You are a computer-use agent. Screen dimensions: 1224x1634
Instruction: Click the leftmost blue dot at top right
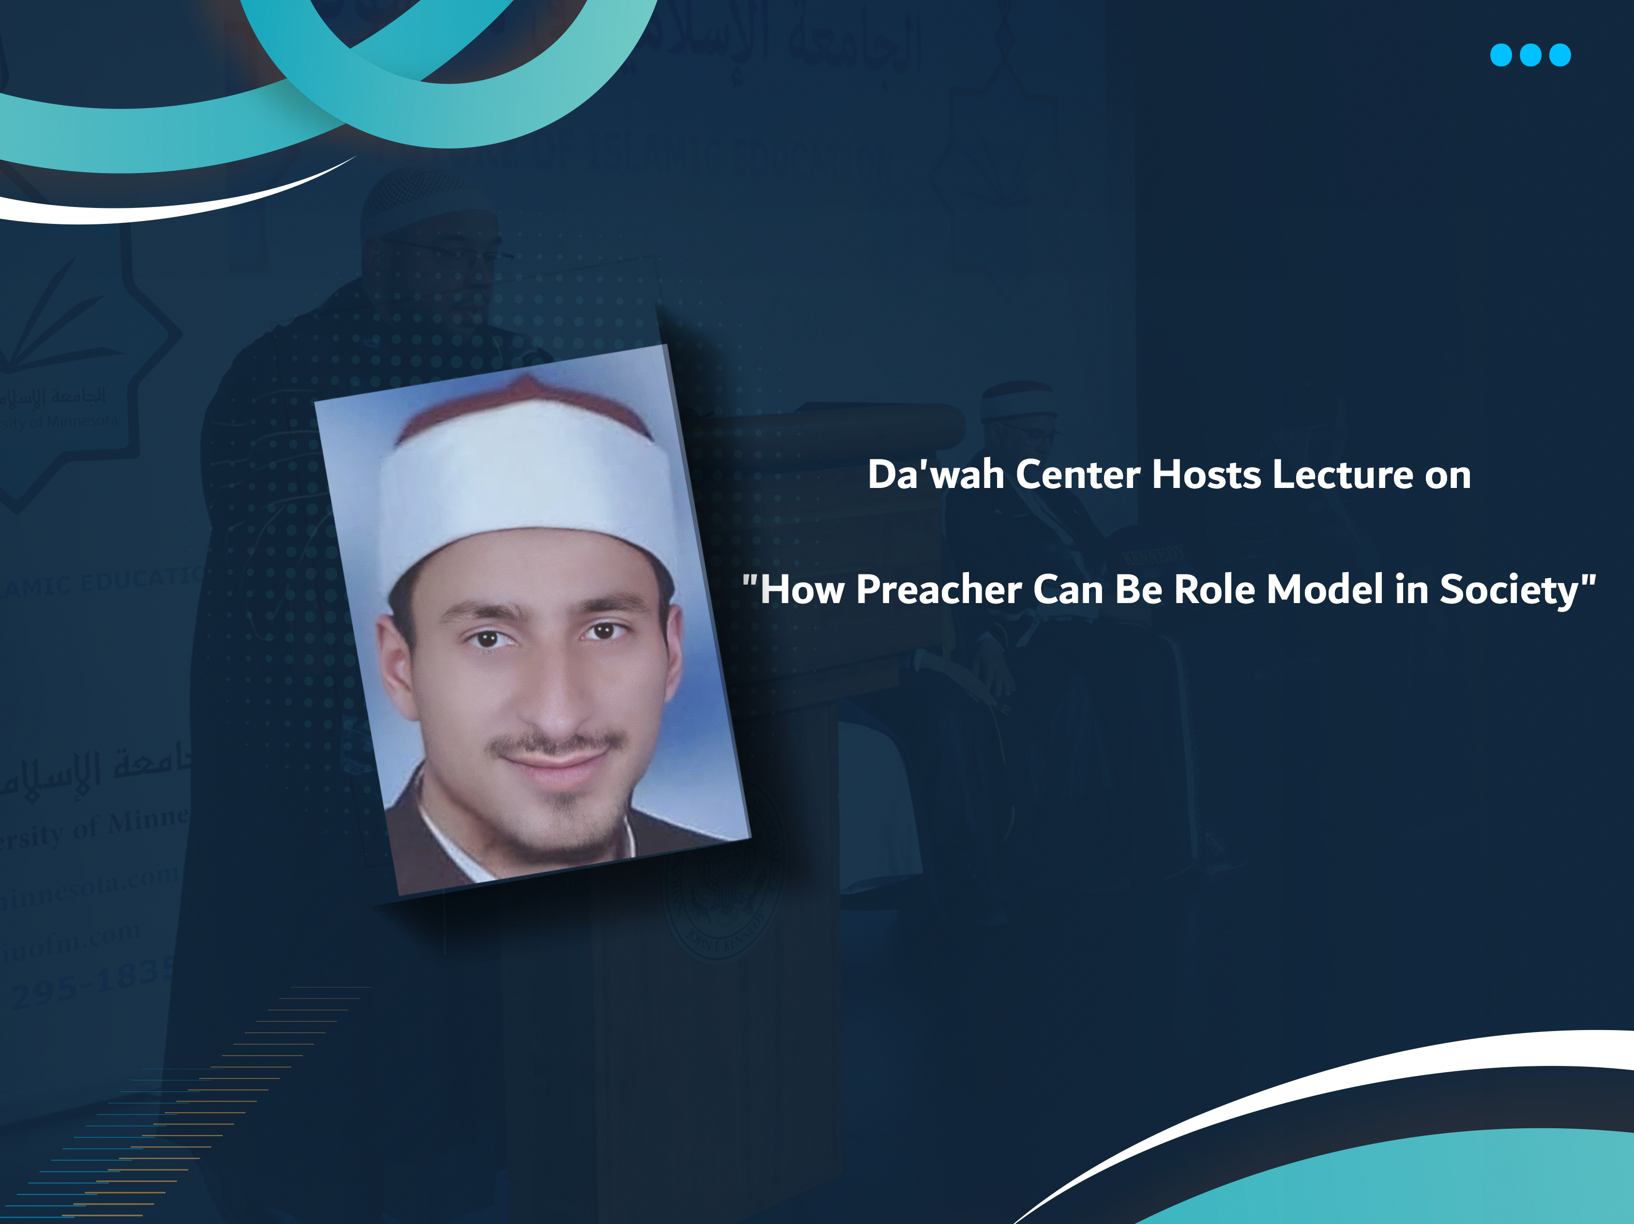tap(1501, 55)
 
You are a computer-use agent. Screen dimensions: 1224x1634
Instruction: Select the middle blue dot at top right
tap(1530, 55)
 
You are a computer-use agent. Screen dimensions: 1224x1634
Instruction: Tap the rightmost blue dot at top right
tap(1560, 55)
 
